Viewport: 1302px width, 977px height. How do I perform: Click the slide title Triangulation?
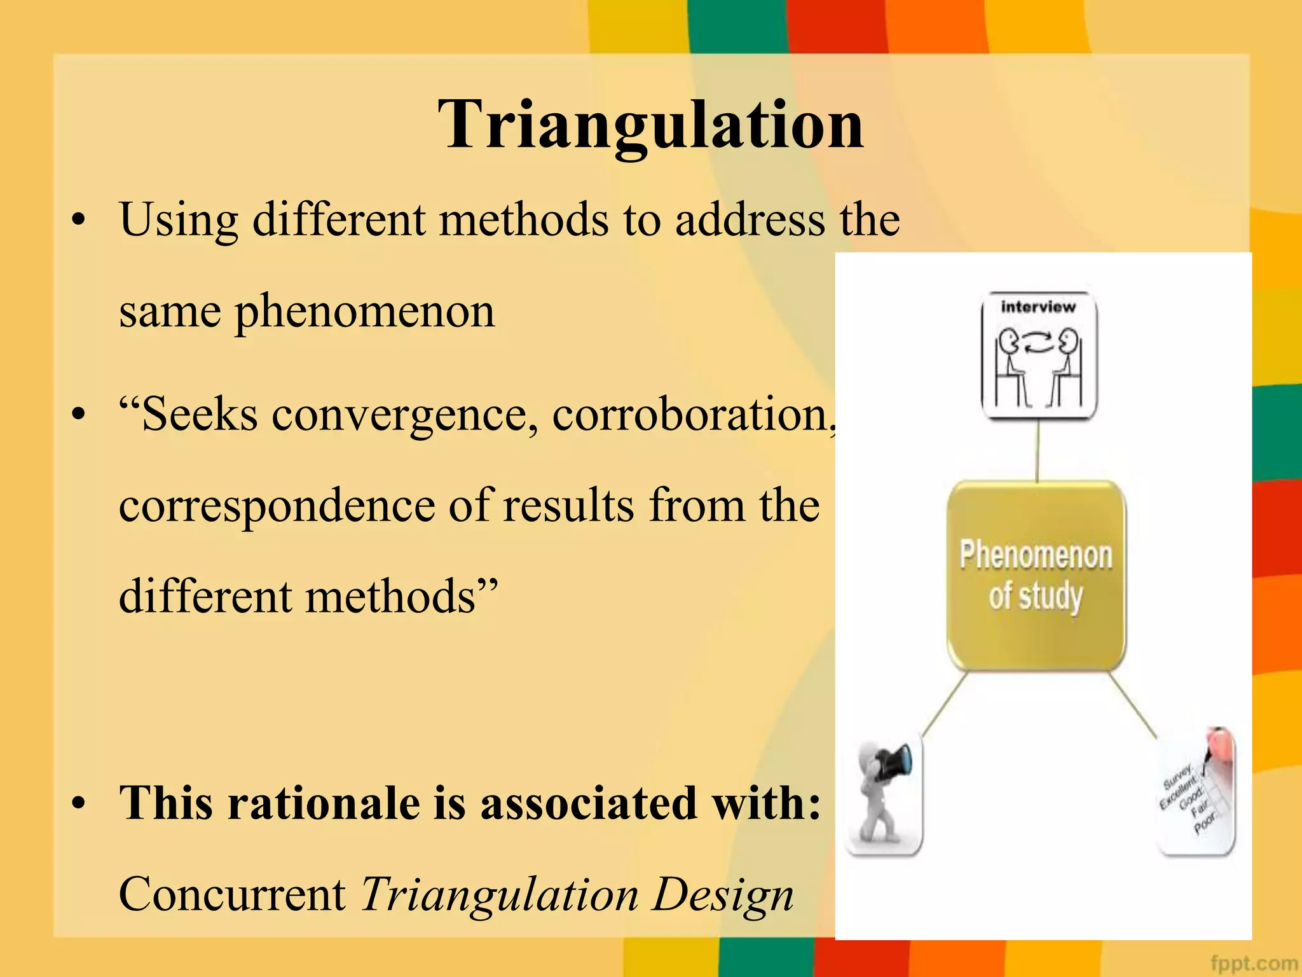[x=650, y=125]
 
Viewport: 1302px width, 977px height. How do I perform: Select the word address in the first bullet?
[x=750, y=220]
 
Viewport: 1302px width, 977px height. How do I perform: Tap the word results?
[x=568, y=506]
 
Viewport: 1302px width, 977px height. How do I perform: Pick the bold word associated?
[x=588, y=803]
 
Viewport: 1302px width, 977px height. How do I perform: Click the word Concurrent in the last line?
[x=232, y=894]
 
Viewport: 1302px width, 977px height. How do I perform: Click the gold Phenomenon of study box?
[x=1036, y=576]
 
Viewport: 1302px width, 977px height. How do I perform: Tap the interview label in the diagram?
[x=1038, y=307]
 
